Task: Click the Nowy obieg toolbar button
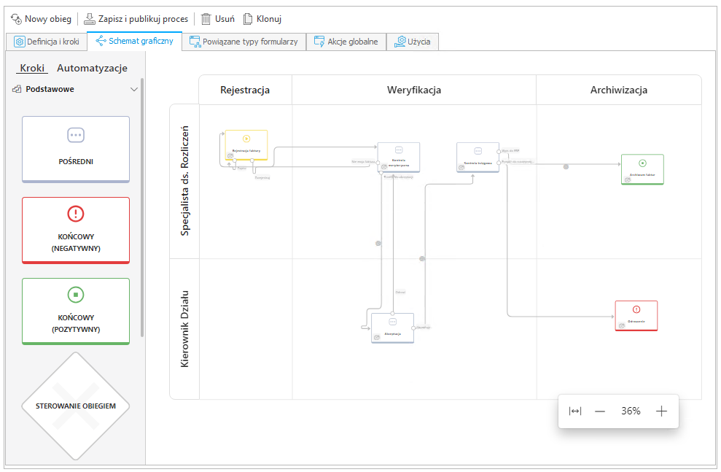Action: (x=41, y=19)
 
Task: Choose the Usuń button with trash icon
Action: (x=217, y=19)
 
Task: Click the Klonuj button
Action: (x=262, y=19)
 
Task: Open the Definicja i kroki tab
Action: (x=47, y=42)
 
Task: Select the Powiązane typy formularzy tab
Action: (x=243, y=42)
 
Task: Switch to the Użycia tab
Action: (x=413, y=42)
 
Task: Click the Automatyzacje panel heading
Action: (x=92, y=68)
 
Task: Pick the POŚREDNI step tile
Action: (x=76, y=149)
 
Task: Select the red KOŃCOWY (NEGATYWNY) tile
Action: (x=76, y=230)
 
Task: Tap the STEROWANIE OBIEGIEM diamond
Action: (x=76, y=406)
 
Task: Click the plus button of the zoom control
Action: (x=661, y=411)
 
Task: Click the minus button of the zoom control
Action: (x=600, y=411)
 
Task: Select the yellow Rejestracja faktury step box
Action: (x=246, y=144)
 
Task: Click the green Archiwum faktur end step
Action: (x=642, y=169)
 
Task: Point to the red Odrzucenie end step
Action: (x=636, y=315)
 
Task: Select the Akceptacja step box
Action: (x=392, y=328)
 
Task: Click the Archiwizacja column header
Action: (x=619, y=90)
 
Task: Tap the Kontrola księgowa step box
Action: (x=478, y=156)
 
